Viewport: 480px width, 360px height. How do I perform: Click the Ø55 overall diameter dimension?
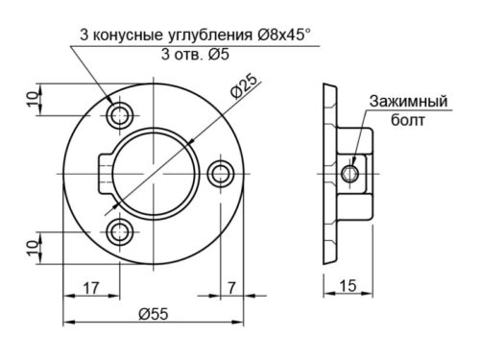155,313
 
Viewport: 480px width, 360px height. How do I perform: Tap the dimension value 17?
92,285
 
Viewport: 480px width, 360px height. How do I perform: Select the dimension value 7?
232,285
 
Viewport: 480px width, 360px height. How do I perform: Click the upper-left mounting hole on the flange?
121,116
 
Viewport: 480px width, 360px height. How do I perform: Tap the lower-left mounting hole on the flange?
121,230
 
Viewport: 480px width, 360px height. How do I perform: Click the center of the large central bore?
156,173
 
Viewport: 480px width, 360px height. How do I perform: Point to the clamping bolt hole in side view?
351,173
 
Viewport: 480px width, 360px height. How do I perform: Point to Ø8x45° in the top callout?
284,35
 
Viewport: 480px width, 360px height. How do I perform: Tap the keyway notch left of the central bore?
105,174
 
